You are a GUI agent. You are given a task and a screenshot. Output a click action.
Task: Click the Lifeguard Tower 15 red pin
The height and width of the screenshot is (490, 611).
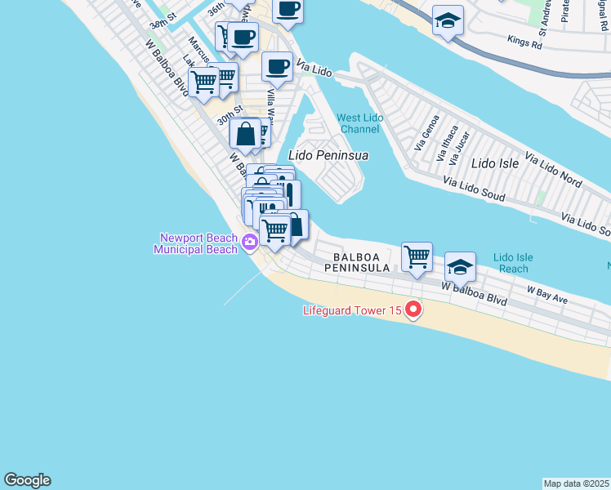pyautogui.click(x=413, y=310)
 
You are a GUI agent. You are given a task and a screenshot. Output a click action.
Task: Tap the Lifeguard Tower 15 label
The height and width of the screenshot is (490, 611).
pyautogui.click(x=353, y=310)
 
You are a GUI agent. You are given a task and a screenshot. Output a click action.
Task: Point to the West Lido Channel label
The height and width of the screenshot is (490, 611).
pyautogui.click(x=360, y=123)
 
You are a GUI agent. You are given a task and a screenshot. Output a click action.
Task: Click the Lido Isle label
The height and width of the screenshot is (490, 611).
pyautogui.click(x=495, y=163)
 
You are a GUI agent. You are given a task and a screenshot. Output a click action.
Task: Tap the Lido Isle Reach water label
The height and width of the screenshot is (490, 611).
pyautogui.click(x=514, y=263)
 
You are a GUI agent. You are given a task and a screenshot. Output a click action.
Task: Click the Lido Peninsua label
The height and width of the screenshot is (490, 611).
pyautogui.click(x=328, y=154)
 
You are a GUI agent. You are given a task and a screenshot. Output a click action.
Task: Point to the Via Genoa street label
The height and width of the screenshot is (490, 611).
pyautogui.click(x=427, y=131)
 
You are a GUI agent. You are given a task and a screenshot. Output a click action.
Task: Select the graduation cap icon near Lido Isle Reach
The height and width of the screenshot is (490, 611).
pyautogui.click(x=460, y=266)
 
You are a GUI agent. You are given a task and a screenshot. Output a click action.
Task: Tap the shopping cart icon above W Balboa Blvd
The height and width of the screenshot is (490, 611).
pyautogui.click(x=417, y=256)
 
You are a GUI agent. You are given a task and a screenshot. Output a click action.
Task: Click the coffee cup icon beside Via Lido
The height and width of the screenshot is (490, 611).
pyautogui.click(x=278, y=67)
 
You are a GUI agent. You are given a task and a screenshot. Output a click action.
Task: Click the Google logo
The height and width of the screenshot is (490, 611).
pyautogui.click(x=27, y=480)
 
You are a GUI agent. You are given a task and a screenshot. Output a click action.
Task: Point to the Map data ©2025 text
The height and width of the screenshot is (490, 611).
pyautogui.click(x=577, y=483)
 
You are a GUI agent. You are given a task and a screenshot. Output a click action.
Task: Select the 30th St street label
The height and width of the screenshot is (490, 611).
pyautogui.click(x=230, y=115)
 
